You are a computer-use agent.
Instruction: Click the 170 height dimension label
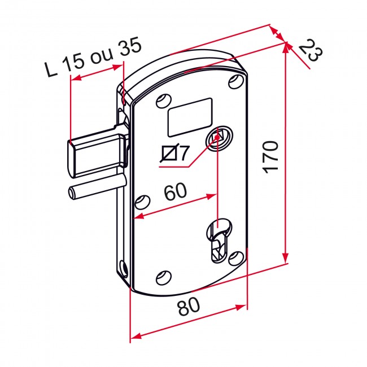(x=271, y=157)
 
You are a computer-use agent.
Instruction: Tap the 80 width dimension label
(x=189, y=307)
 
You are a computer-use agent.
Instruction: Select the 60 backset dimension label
(x=176, y=191)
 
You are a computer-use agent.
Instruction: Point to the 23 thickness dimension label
(x=311, y=51)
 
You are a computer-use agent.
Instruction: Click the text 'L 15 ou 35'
(x=93, y=57)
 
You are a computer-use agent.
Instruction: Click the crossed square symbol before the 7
(x=169, y=154)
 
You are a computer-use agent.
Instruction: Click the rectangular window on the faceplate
(x=190, y=117)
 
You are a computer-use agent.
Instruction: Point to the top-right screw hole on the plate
(x=236, y=82)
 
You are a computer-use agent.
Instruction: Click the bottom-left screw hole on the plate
(x=164, y=278)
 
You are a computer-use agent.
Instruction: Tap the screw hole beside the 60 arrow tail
(x=142, y=202)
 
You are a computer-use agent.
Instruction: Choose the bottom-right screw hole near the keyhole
(x=236, y=259)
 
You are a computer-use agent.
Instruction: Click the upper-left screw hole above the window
(x=164, y=101)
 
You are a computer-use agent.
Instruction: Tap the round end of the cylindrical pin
(x=71, y=193)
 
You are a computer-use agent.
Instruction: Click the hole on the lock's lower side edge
(x=123, y=269)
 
